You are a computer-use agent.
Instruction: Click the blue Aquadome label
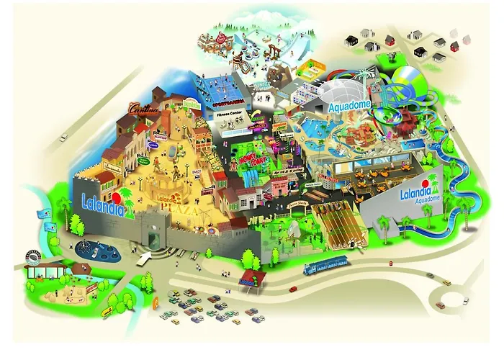point(351,106)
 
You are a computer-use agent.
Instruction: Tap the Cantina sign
point(143,109)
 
